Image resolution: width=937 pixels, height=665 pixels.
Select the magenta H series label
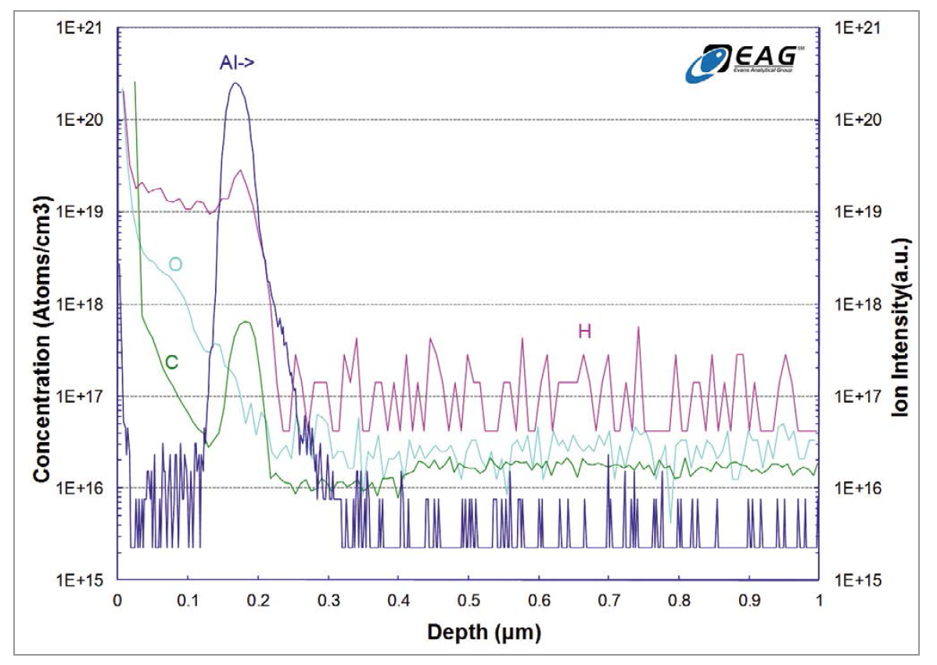[x=583, y=332]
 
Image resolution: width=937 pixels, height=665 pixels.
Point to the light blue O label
[x=176, y=264]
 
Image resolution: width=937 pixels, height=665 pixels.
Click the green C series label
[x=171, y=361]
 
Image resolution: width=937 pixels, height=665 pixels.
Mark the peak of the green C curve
[x=246, y=322]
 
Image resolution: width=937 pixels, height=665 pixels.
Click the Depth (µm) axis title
[x=468, y=631]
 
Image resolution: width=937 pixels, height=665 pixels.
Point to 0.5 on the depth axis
[x=468, y=601]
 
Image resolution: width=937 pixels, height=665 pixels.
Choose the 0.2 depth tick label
[x=257, y=601]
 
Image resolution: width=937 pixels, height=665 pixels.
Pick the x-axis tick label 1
[x=818, y=601]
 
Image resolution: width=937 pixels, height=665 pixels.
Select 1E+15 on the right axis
[x=858, y=580]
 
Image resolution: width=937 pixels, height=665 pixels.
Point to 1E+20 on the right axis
[x=858, y=120]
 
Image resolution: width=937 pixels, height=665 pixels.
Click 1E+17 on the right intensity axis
[x=858, y=396]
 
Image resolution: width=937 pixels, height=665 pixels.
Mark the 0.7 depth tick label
[x=608, y=601]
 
